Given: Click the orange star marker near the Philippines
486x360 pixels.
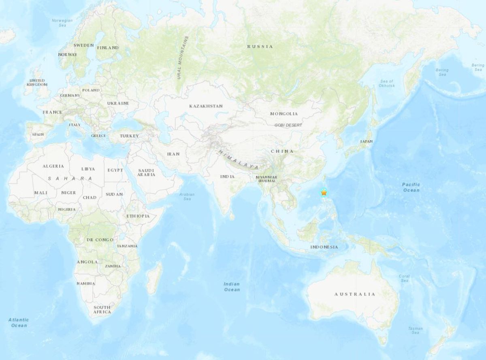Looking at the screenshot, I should pos(324,193).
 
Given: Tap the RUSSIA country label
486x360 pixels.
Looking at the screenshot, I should pos(260,47).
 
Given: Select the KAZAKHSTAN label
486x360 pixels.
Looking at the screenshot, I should pos(206,106).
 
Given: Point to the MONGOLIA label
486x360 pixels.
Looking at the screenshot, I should pos(284,114).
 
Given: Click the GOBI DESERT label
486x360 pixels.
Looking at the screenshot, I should pos(288,125).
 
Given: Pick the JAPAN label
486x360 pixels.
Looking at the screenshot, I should pos(366,141).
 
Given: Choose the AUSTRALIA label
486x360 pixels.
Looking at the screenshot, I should pos(355,294).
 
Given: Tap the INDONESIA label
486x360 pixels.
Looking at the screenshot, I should pos(324,247).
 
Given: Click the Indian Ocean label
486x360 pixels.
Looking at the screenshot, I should pos(232,287).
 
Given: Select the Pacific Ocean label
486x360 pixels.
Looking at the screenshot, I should pos(411,187).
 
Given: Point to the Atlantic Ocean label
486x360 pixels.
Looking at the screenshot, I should pos(19,322).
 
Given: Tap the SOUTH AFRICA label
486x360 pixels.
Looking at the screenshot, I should pos(102,309).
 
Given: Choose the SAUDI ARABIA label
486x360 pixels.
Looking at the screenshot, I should pos(146,172).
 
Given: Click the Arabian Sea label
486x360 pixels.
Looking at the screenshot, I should pos(187,197).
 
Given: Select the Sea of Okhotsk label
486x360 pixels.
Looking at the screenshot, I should pos(386,84).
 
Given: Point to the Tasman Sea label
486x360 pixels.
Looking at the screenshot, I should pos(416,330).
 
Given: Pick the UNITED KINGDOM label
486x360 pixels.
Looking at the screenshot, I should pos(37,82).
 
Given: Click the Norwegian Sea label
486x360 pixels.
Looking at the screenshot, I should pos(62,23).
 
